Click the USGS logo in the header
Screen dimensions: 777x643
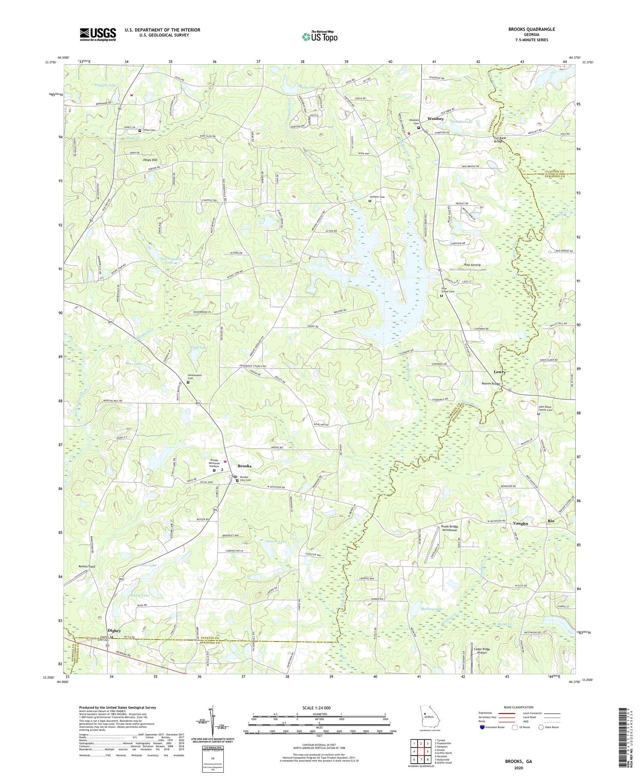(98, 34)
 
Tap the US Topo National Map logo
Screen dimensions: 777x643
(319, 36)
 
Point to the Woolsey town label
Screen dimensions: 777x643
(435, 119)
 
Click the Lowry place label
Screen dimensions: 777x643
(499, 372)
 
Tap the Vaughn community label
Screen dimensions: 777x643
(520, 523)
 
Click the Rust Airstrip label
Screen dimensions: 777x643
(472, 265)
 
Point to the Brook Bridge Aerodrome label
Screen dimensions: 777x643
(449, 528)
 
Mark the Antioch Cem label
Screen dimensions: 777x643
(378, 197)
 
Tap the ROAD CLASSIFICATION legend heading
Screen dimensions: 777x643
(519, 708)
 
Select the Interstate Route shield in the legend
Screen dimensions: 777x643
(482, 727)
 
